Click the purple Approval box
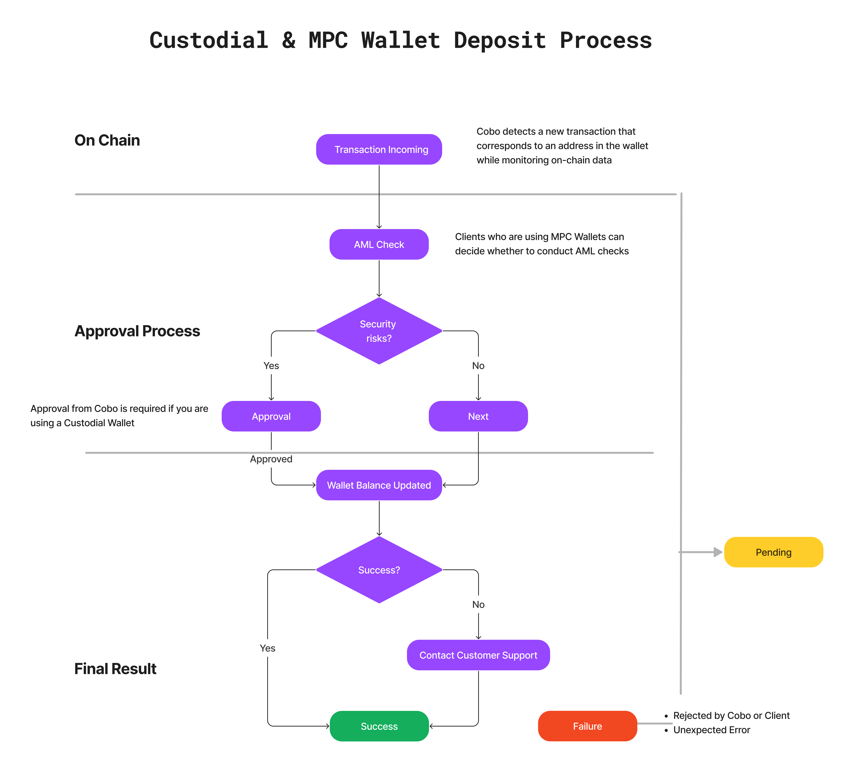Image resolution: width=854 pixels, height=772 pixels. (x=271, y=417)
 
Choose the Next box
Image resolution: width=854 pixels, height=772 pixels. (x=478, y=417)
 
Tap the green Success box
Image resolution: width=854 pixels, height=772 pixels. (x=379, y=726)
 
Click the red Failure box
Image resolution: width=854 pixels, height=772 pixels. (x=588, y=726)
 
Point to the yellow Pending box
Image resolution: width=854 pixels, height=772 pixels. (x=773, y=552)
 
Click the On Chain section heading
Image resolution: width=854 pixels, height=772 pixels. (x=107, y=140)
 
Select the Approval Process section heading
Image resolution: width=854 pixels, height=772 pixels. (x=137, y=331)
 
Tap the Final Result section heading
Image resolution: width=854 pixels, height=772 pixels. (x=115, y=669)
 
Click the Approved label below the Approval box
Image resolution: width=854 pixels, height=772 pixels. (x=271, y=459)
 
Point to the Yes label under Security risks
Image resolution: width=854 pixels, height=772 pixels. (x=271, y=366)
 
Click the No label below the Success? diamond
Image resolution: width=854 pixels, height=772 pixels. (x=478, y=605)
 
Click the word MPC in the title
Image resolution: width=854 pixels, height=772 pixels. (x=328, y=41)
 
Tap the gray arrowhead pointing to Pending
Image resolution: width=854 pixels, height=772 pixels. (x=718, y=552)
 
